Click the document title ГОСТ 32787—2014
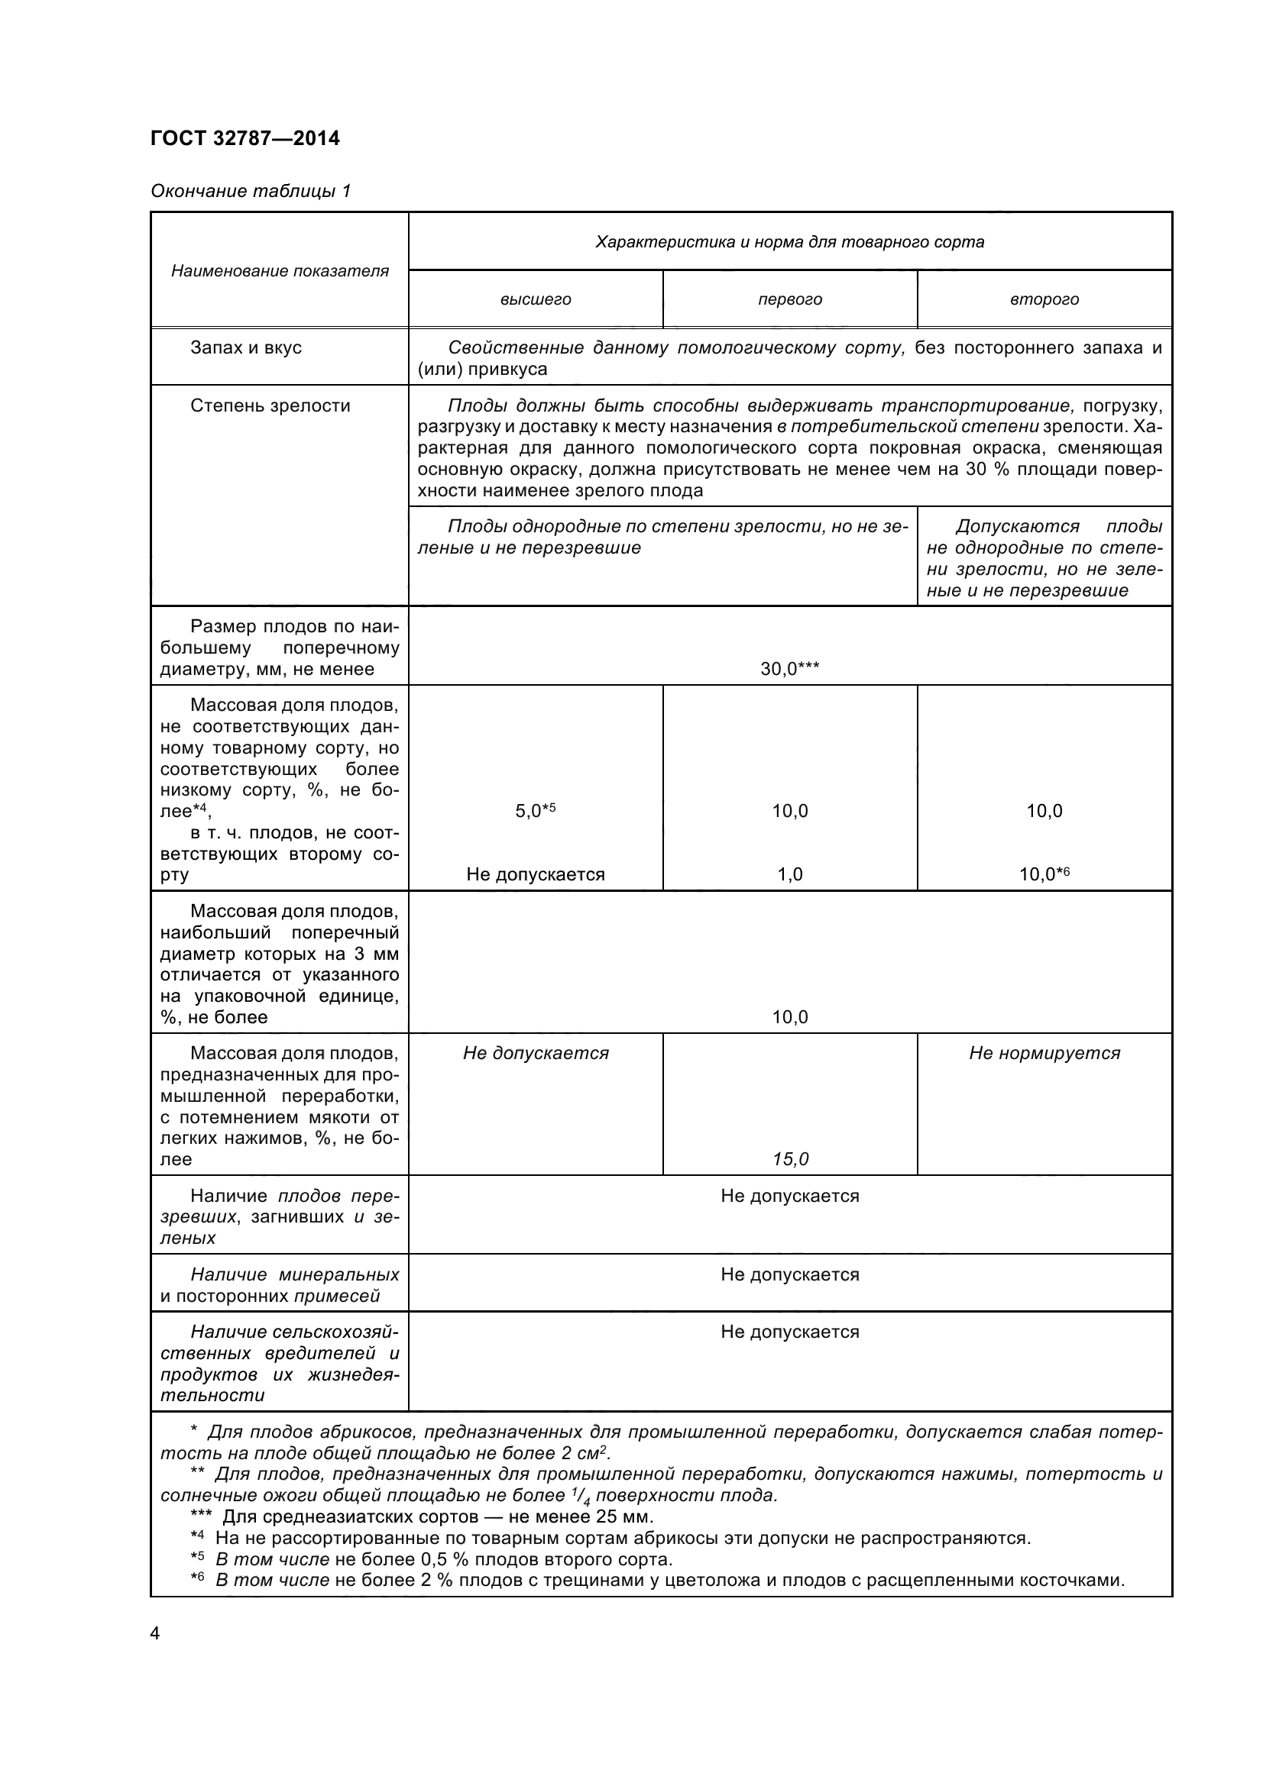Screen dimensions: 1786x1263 coord(245,138)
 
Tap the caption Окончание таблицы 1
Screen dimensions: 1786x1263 coord(251,191)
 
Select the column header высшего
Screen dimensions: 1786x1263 coord(536,299)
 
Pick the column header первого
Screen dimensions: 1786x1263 coord(790,299)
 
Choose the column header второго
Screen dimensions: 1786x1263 coord(1044,299)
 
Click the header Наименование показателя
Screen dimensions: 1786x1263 coord(280,271)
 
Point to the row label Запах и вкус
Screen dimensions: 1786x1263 coord(246,347)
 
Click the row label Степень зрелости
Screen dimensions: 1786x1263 coord(270,405)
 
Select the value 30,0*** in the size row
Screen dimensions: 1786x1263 coord(790,668)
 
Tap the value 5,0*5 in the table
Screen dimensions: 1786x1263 coord(536,811)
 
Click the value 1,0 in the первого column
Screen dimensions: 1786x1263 coord(790,874)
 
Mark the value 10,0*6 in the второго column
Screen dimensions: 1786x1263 coord(1044,874)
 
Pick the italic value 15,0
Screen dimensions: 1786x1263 coord(790,1159)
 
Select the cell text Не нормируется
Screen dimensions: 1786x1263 coord(1044,1053)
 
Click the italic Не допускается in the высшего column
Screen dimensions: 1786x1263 coord(536,1053)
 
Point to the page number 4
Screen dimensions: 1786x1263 coord(155,1633)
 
